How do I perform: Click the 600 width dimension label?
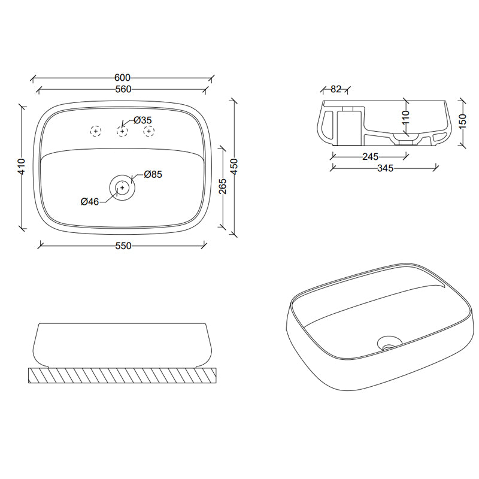point(122,77)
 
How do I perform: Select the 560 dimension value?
point(122,89)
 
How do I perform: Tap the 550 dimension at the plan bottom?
point(122,245)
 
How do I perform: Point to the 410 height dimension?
point(21,166)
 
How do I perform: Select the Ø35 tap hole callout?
point(143,120)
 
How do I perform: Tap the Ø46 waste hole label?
point(90,202)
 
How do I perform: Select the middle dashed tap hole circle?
point(122,131)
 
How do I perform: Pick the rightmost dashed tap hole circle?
point(148,131)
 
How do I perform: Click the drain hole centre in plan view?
point(122,187)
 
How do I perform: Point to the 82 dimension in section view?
point(335,89)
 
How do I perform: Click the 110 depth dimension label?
point(405,116)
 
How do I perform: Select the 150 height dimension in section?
point(462,121)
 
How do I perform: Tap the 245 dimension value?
point(370,157)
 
